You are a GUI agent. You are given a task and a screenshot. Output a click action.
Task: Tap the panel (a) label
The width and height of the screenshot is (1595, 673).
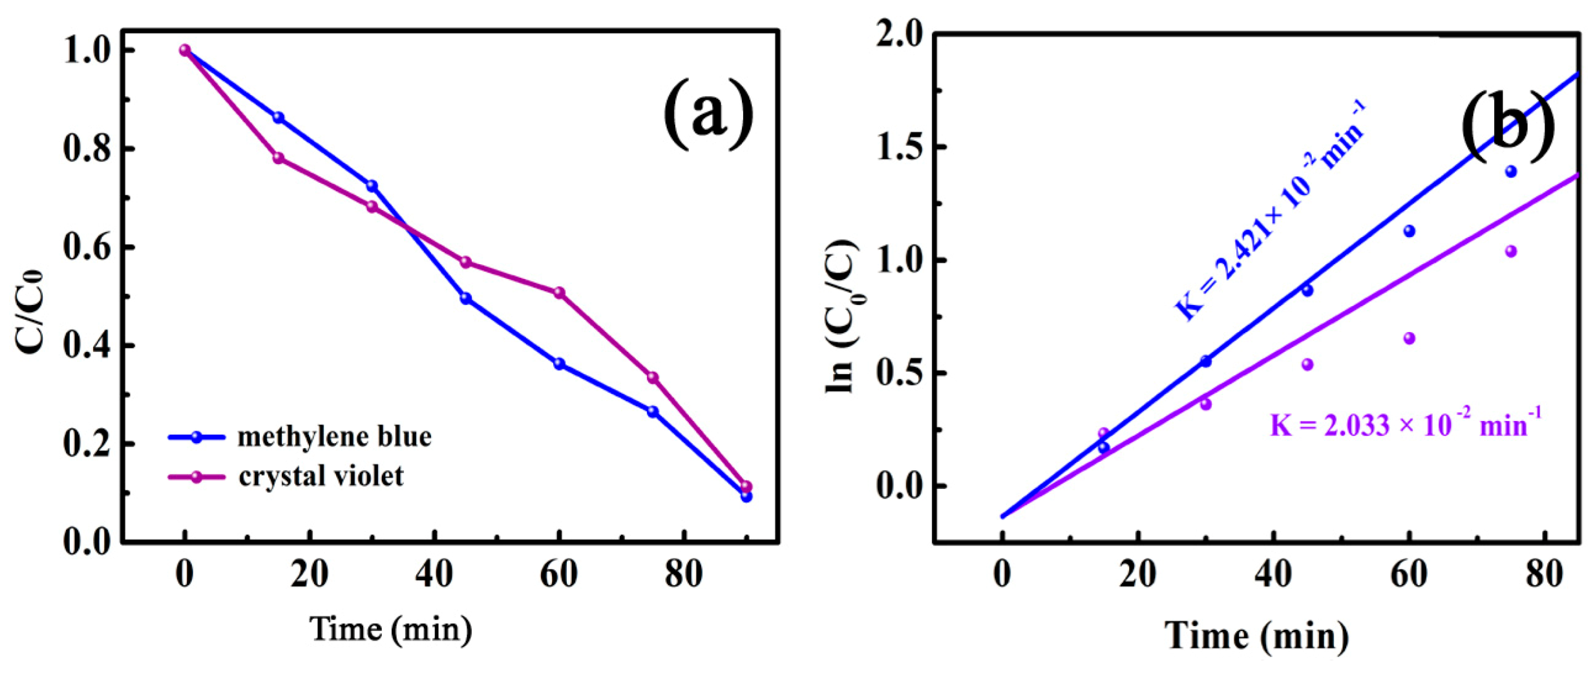point(708,114)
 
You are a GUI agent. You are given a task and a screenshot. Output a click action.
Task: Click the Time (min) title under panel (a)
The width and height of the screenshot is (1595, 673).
point(391,628)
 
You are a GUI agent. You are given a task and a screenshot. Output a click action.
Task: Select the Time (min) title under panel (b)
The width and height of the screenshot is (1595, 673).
point(1256,636)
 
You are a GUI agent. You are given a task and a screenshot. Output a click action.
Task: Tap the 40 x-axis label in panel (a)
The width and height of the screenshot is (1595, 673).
point(434,574)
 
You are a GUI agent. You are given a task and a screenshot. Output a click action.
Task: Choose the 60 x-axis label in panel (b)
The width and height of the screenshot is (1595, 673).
point(1409,574)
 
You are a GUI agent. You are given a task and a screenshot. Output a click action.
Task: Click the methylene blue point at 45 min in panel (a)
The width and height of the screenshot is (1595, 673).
point(465,298)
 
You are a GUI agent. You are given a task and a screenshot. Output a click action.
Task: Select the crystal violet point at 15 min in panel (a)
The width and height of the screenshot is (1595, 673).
point(279,158)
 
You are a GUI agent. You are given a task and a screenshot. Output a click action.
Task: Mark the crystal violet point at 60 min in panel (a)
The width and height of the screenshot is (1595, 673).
point(559,293)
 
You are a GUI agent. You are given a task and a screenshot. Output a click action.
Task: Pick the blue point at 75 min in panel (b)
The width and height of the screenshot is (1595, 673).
point(1511,172)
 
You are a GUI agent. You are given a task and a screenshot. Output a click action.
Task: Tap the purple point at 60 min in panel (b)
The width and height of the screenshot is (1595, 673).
point(1410,338)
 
